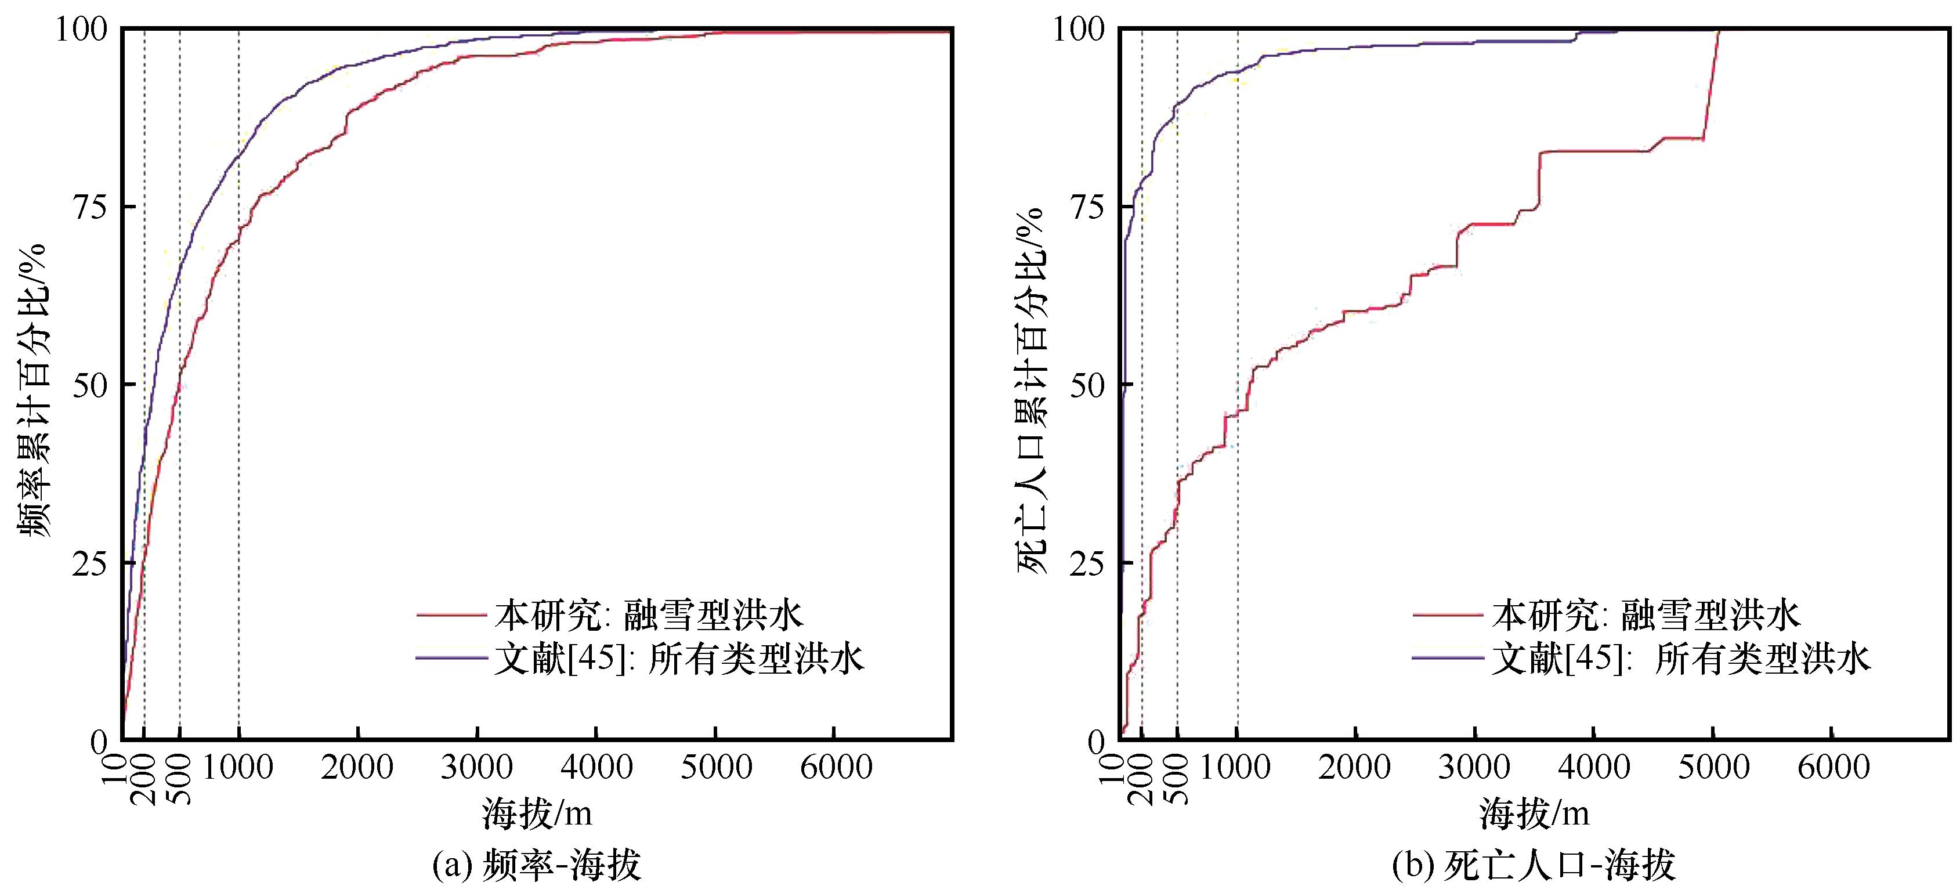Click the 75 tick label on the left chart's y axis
point(90,207)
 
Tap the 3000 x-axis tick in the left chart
point(476,767)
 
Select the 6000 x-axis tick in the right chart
point(1832,767)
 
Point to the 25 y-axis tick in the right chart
point(1088,563)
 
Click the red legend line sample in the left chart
point(450,614)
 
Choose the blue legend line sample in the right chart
point(1447,658)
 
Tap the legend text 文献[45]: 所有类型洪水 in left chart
point(679,659)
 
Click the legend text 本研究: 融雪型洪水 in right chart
point(1646,614)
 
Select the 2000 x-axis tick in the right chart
point(1356,767)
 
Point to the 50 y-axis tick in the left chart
point(90,385)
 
